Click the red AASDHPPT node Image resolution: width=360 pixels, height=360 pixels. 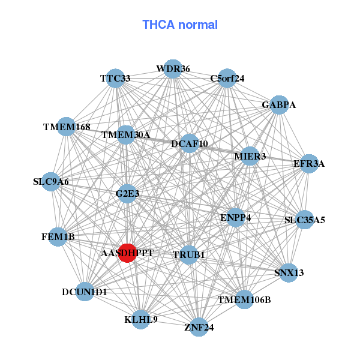(127, 253)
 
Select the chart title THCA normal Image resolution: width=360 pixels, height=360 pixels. (179, 25)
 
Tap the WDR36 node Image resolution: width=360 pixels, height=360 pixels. (173, 69)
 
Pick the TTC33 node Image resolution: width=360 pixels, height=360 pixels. (115, 79)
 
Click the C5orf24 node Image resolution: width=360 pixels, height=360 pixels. (227, 79)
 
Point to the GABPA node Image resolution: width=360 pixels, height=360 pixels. (279, 105)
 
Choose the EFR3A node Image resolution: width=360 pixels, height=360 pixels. (308, 164)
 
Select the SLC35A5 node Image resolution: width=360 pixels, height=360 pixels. (305, 220)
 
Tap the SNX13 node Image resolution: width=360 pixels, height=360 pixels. (289, 272)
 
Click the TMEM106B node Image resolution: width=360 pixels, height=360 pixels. (244, 299)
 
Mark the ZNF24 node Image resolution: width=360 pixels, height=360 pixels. (199, 327)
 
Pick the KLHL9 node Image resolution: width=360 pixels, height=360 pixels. (141, 319)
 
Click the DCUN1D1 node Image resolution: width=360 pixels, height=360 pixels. (85, 292)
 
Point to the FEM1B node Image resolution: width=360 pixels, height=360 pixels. (58, 236)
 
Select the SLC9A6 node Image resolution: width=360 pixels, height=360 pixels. (51, 181)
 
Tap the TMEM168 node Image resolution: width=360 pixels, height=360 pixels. (67, 127)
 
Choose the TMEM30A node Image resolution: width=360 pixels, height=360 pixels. (126, 134)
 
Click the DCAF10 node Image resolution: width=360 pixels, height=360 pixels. (190, 143)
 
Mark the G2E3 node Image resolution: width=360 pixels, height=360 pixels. (127, 194)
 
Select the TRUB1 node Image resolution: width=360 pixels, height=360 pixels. (189, 254)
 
